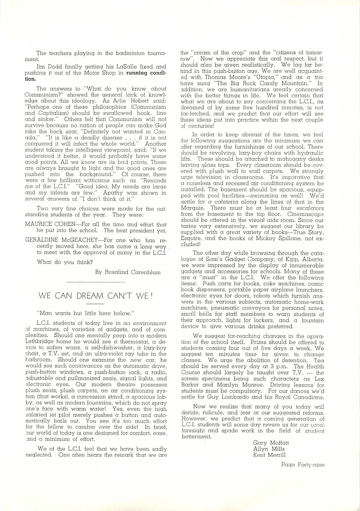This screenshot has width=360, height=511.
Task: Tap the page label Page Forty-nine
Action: point(303,463)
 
